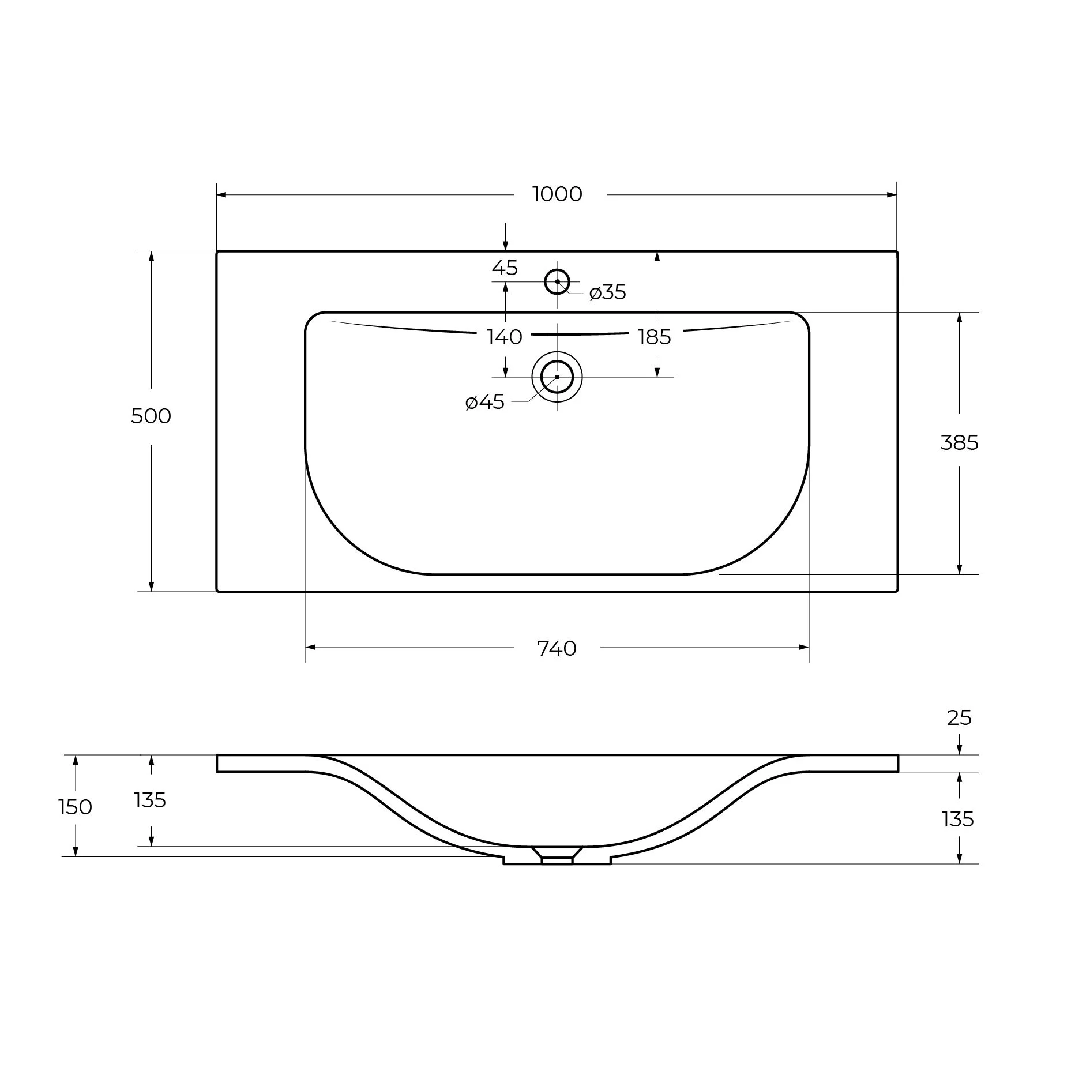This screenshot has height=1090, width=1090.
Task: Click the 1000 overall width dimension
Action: point(557,194)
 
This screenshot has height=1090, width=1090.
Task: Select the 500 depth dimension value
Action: point(151,416)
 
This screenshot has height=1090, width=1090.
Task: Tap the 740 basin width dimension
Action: point(557,649)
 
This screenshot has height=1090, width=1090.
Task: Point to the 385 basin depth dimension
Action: point(959,442)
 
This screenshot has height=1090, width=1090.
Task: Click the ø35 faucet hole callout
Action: point(608,293)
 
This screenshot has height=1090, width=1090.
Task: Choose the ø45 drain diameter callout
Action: point(485,402)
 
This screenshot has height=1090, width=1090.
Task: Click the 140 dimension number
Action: point(505,337)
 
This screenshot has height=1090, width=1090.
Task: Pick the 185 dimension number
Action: point(655,337)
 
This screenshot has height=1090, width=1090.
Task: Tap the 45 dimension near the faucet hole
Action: point(505,268)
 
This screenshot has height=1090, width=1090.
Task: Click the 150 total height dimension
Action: point(76,807)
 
